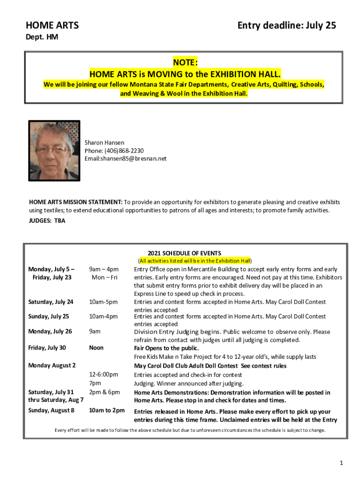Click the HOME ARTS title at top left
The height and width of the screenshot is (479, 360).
[x=52, y=25]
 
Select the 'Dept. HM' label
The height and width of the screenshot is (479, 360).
[x=42, y=36]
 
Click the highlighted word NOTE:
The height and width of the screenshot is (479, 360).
[x=185, y=63]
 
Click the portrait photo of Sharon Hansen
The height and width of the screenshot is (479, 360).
[x=54, y=151]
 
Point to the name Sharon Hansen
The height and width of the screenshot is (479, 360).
[x=104, y=142]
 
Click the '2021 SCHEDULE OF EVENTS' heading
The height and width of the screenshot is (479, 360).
[x=184, y=253]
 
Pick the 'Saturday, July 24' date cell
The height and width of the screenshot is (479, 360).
[x=50, y=302]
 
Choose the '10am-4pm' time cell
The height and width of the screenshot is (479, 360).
[x=103, y=316]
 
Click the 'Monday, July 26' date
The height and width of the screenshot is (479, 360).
[x=50, y=331]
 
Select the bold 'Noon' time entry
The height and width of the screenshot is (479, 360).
[x=96, y=348]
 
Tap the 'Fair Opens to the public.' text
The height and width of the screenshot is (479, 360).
[x=166, y=348]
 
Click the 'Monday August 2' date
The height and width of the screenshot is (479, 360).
[x=52, y=365]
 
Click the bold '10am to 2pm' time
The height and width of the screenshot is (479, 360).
[x=107, y=410]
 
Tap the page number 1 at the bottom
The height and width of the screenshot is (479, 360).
[x=341, y=463]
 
